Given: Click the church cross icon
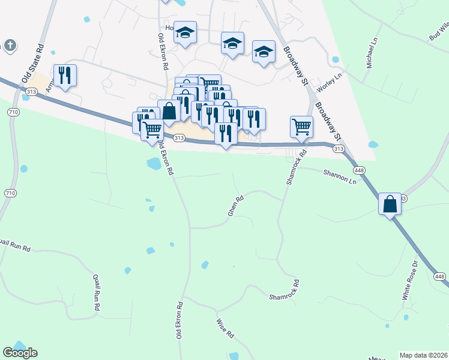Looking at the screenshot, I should click(x=9, y=46).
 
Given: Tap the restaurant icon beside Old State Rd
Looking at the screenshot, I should click(x=65, y=75).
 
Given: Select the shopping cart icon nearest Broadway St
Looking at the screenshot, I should click(x=301, y=127).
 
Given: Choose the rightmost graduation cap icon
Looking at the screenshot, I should click(x=264, y=51).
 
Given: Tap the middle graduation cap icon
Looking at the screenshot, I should click(x=232, y=43).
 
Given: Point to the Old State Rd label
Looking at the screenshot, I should click(x=33, y=64).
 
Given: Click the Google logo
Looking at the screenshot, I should click(x=20, y=353).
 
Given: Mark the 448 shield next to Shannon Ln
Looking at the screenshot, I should click(x=359, y=170).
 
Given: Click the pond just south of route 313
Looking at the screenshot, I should click(x=154, y=163).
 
